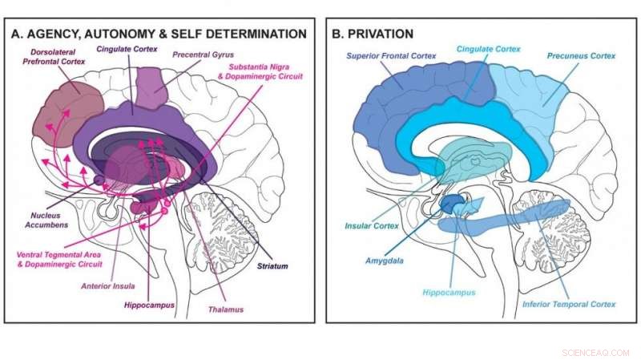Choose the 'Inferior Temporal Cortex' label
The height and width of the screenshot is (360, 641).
click(x=568, y=304)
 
